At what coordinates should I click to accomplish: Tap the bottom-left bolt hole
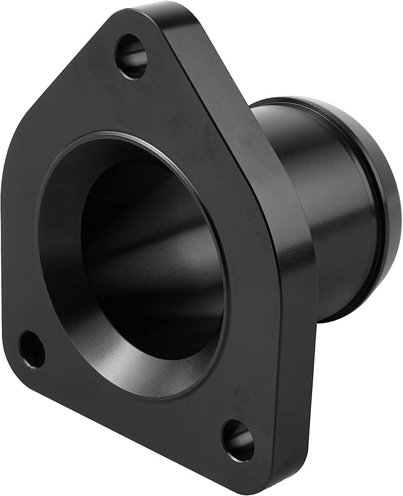click(x=32, y=348)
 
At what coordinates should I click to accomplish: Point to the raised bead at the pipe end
click(x=388, y=203)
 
